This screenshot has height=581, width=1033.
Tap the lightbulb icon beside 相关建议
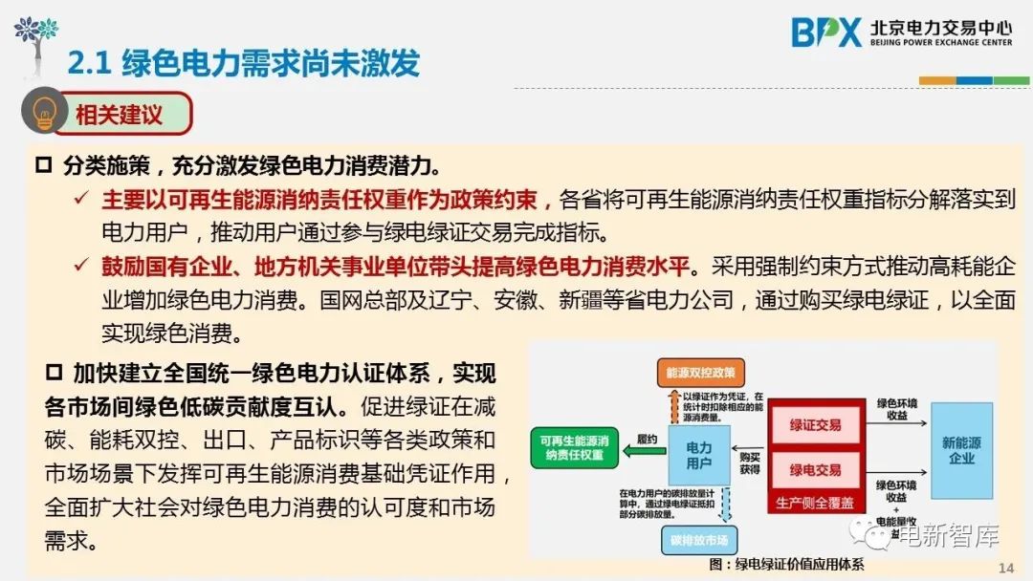pyautogui.click(x=43, y=114)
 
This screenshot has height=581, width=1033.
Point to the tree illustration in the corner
pyautogui.click(x=35, y=38)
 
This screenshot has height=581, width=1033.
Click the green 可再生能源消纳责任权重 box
pyautogui.click(x=573, y=448)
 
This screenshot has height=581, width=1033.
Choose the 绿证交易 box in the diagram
pyautogui.click(x=815, y=424)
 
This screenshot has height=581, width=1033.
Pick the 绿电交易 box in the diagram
pyautogui.click(x=815, y=469)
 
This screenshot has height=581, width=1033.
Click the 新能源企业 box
pyautogui.click(x=960, y=450)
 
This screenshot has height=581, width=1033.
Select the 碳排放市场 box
pyautogui.click(x=699, y=540)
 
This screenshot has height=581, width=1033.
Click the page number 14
pyautogui.click(x=1005, y=568)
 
